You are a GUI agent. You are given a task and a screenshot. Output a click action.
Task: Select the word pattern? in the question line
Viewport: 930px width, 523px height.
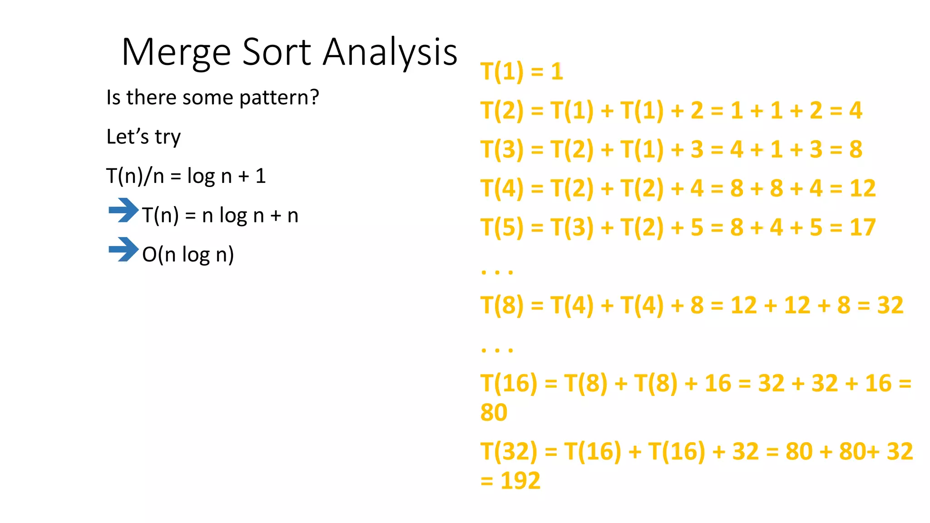coord(279,98)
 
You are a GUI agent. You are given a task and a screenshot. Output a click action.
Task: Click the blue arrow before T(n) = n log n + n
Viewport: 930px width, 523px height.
coord(123,210)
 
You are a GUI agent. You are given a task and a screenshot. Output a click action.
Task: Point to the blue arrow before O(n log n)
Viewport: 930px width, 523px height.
coord(123,249)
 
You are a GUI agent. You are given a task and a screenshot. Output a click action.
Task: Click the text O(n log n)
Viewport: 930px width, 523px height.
coord(188,255)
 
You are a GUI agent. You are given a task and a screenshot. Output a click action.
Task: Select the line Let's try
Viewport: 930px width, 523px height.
coord(143,137)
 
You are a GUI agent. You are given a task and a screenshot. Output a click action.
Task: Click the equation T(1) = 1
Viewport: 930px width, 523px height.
coord(522,72)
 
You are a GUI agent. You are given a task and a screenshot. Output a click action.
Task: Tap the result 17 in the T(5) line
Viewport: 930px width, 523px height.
coord(862,227)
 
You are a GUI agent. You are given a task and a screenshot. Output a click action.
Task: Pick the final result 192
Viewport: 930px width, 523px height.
coord(520,481)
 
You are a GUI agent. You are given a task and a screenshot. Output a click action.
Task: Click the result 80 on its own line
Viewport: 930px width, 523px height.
coord(494,413)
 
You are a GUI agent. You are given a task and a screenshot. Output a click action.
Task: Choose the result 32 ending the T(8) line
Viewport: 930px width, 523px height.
coord(890,306)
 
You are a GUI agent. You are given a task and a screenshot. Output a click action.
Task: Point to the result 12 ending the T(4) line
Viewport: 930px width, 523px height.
coord(862,188)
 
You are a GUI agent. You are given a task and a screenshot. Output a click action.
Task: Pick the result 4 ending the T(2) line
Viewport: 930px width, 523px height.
coord(856,110)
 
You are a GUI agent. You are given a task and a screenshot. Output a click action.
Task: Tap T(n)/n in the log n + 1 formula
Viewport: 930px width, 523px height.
coord(135,176)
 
